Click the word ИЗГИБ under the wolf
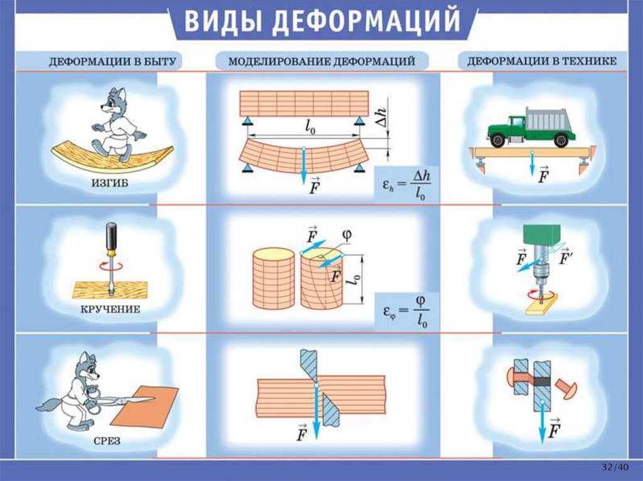[x=110, y=183]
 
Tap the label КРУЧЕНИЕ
[x=110, y=310]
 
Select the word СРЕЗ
[x=109, y=441]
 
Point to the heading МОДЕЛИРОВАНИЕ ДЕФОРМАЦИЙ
[x=321, y=61]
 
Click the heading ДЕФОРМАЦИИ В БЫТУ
[x=116, y=61]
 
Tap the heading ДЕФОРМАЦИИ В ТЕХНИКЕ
[x=542, y=61]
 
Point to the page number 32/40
[x=614, y=467]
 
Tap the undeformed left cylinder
[x=273, y=278]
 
